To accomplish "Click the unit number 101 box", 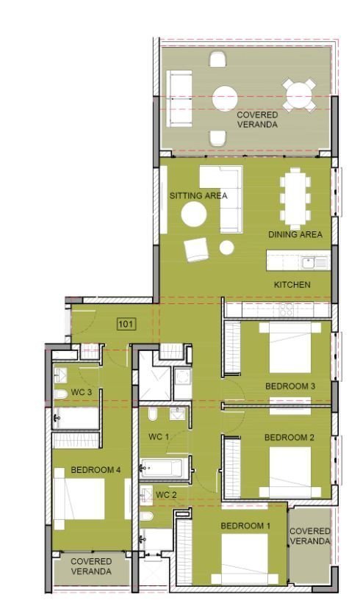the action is pos(126,324).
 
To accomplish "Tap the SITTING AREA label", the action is pos(198,195).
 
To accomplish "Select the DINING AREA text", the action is pos(295,234).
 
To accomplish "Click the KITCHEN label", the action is pos(292,285).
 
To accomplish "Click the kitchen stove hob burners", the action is pos(286,310).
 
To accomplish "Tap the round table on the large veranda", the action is pos(225,98).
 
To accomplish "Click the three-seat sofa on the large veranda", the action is pos(179,98).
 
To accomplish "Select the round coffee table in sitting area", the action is pos(194,214).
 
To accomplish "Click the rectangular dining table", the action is pos(295,198).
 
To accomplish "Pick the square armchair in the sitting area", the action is pos(196,250).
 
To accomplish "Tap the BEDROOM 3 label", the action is pos(290,386).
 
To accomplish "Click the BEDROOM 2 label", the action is pos(289,438).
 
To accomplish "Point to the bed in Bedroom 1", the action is pos(240,559).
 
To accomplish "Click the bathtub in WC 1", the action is pos(165,468).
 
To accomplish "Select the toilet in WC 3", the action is pos(61,394).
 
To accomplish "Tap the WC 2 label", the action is pos(166,495).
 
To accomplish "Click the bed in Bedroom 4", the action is pos(79,499).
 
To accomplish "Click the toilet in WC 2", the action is pos(146,516).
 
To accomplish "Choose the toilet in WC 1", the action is pos(153,414).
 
